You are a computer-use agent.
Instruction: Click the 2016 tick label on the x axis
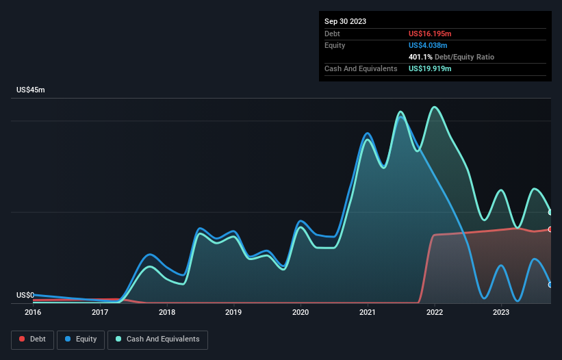coord(33,312)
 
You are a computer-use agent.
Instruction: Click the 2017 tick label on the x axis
coord(100,312)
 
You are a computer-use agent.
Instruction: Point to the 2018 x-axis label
coord(166,312)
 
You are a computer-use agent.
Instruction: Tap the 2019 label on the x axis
coord(233,312)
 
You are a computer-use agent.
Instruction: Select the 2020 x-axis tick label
coord(301,312)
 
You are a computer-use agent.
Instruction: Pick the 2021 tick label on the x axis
coord(368,312)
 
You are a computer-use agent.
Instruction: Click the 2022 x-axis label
coord(434,312)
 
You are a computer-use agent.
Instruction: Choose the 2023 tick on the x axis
coord(501,312)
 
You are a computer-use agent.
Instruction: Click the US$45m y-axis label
coord(30,90)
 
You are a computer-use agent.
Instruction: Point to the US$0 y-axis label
coord(25,296)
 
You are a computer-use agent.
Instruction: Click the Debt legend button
coord(33,339)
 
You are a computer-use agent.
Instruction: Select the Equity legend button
coord(81,339)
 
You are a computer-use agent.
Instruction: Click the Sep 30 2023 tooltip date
coord(346,21)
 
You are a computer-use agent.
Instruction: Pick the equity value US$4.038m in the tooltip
coord(429,45)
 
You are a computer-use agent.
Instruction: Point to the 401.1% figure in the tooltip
coord(420,57)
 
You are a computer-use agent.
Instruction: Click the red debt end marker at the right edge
coord(550,229)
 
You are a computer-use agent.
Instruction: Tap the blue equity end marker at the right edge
coord(550,285)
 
